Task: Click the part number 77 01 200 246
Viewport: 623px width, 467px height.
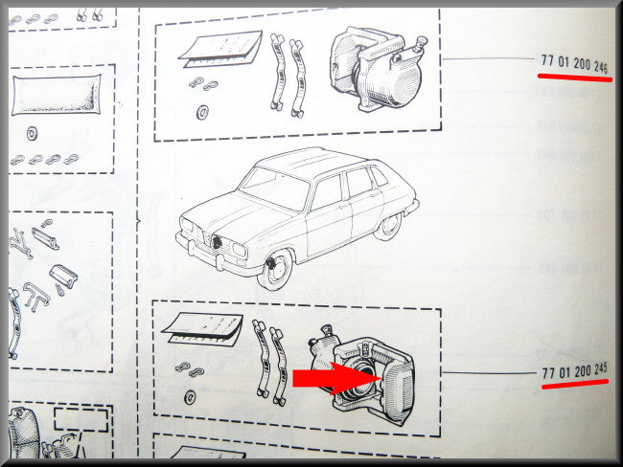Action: point(574,64)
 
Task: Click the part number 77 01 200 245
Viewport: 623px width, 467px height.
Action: point(574,371)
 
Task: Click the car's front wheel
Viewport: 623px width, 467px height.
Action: point(274,269)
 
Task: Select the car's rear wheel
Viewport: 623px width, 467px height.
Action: point(388,227)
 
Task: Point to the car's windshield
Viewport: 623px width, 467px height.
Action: point(275,188)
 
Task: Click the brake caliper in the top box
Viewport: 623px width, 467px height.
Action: point(378,69)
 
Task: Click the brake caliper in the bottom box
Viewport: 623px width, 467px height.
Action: point(363,374)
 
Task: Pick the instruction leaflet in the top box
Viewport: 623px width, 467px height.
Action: point(221,49)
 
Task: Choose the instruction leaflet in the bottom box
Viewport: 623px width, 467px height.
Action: point(202,329)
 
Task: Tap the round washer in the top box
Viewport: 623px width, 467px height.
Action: point(202,112)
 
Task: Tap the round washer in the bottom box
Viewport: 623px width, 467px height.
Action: point(190,397)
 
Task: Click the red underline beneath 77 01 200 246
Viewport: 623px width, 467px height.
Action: point(575,78)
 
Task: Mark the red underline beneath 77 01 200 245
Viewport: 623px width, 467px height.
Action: point(575,384)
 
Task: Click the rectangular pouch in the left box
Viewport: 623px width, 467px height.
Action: point(56,95)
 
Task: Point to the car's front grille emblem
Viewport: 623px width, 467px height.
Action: point(217,241)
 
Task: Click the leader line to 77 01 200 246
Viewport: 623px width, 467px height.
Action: point(489,58)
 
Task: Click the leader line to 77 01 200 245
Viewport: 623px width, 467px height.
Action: point(490,372)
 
